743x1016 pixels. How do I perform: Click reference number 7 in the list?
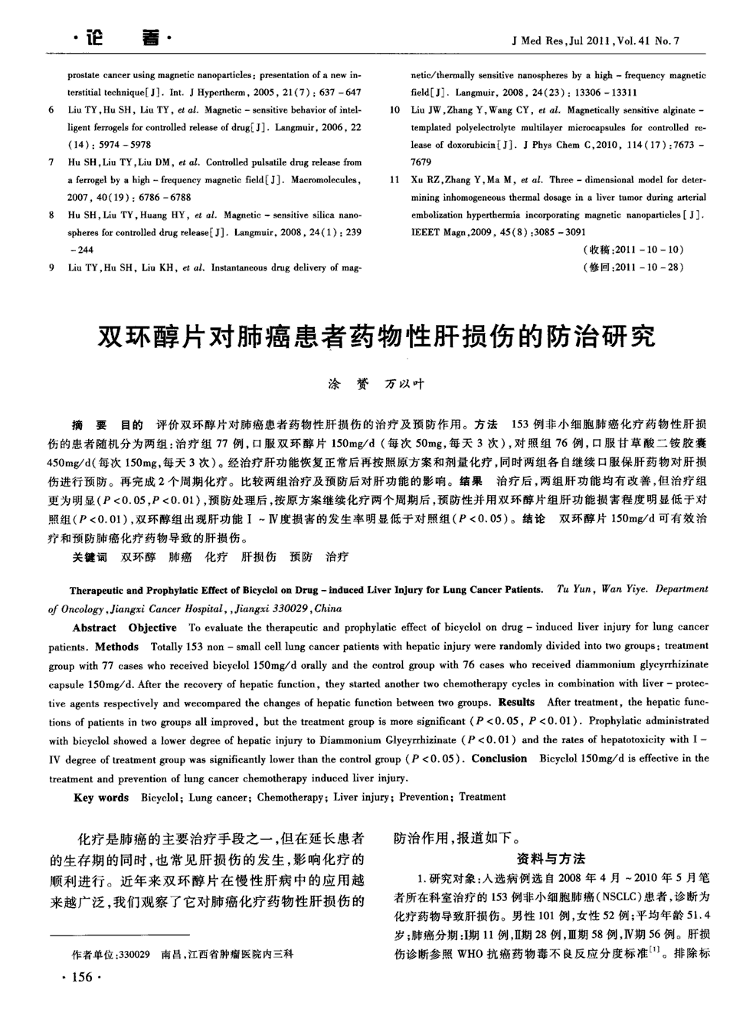(x=51, y=162)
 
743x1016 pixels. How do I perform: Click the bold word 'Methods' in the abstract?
(x=117, y=646)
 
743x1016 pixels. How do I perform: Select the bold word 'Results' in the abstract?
(x=517, y=702)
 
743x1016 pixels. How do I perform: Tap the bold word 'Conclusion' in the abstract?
(x=499, y=759)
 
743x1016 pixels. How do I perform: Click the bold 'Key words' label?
(x=101, y=798)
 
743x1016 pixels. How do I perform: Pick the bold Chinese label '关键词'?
(x=90, y=557)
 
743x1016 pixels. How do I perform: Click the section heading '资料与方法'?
(x=552, y=858)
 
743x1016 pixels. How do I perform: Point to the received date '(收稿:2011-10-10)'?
(x=633, y=250)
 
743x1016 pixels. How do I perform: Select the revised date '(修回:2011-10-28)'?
(x=633, y=267)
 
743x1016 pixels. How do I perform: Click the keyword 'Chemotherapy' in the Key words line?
(x=290, y=798)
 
